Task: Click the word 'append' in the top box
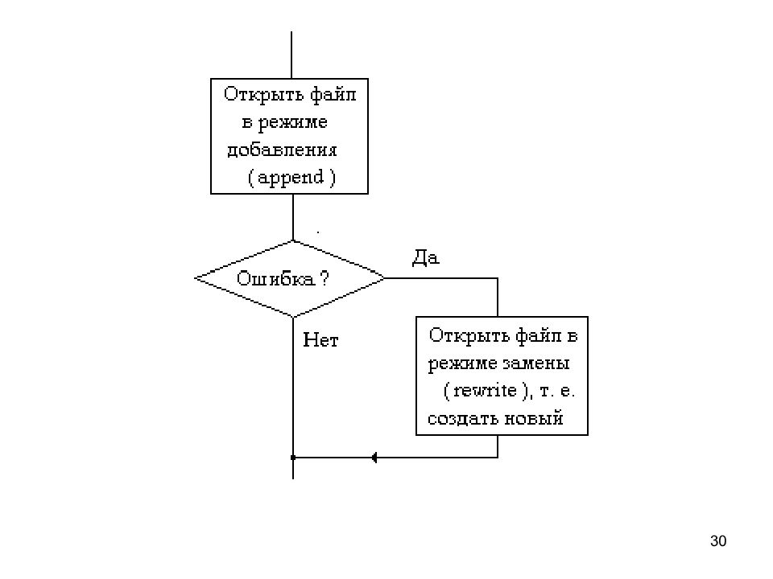tap(291, 178)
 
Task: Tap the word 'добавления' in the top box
tap(282, 150)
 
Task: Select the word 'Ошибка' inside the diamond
tap(275, 279)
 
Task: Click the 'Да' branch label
tap(425, 257)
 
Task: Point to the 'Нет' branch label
tap(320, 339)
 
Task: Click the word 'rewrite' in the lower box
tap(485, 391)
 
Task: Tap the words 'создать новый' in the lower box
tap(495, 418)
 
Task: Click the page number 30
tap(718, 541)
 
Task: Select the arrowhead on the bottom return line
tap(374, 458)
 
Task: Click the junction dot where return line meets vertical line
tap(293, 458)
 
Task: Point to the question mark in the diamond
tap(324, 279)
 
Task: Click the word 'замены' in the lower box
tap(536, 363)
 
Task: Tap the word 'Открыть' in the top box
tap(264, 94)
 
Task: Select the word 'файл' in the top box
tap(333, 95)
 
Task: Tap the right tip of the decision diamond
tap(385, 278)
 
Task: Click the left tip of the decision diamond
tap(195, 278)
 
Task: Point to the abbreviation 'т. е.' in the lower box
tap(557, 392)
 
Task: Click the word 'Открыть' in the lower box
tap(469, 335)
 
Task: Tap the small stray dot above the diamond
tap(318, 232)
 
